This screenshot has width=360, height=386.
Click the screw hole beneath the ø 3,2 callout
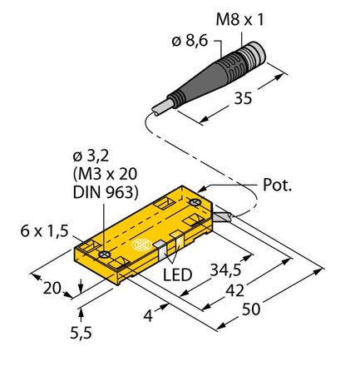104,255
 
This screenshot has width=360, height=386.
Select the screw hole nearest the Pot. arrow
194,201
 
